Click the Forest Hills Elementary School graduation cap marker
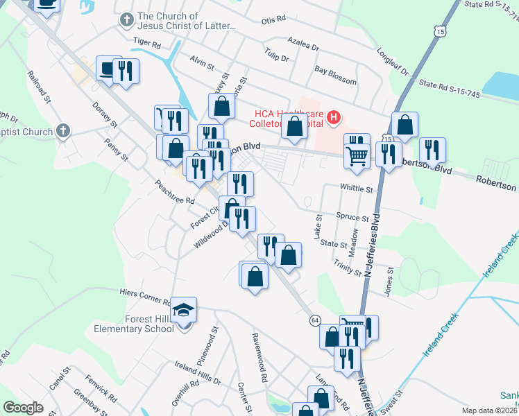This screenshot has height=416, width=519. [184, 309]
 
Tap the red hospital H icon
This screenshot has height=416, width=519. [334, 118]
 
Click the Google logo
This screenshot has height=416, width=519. [23, 408]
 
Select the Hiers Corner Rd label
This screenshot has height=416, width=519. [144, 297]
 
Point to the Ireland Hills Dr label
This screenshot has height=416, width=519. [197, 374]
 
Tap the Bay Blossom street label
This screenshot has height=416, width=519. [335, 76]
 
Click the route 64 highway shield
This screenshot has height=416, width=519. [315, 320]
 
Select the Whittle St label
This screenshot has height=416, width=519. [357, 188]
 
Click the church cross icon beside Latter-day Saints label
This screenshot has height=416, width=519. [126, 20]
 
